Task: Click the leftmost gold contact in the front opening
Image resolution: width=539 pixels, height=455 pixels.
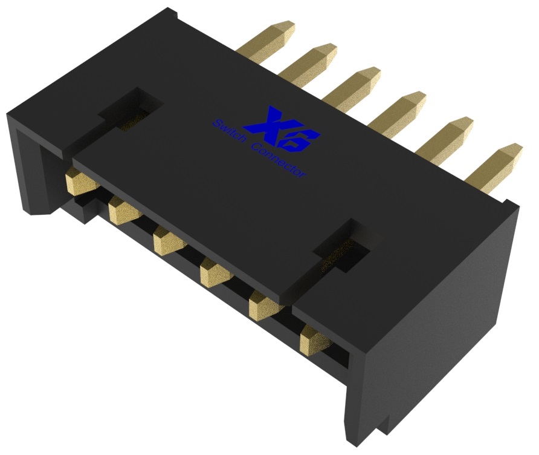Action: pyautogui.click(x=78, y=180)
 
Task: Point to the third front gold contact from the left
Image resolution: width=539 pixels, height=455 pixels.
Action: pyautogui.click(x=169, y=240)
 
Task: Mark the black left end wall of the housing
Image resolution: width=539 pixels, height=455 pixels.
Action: pyautogui.click(x=30, y=163)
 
